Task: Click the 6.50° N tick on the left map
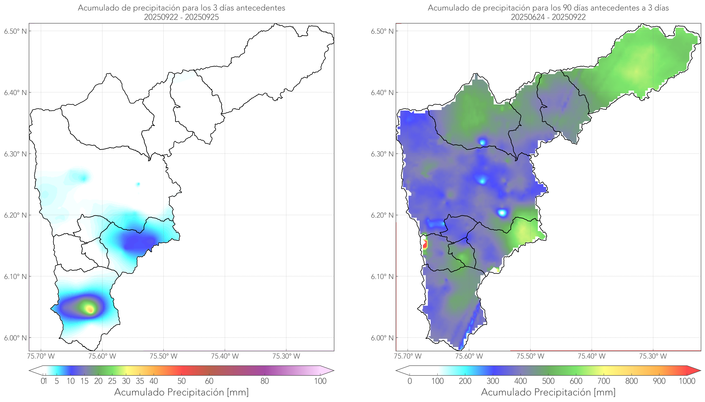(x=16, y=31)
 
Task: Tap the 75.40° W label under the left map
(x=225, y=356)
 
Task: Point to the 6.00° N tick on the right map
(x=382, y=338)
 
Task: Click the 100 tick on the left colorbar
(x=320, y=381)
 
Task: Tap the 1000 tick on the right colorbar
(x=687, y=381)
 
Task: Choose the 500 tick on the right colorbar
(x=548, y=381)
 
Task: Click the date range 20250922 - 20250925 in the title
(x=181, y=17)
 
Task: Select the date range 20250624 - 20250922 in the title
(x=548, y=17)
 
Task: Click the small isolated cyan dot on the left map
(x=138, y=184)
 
